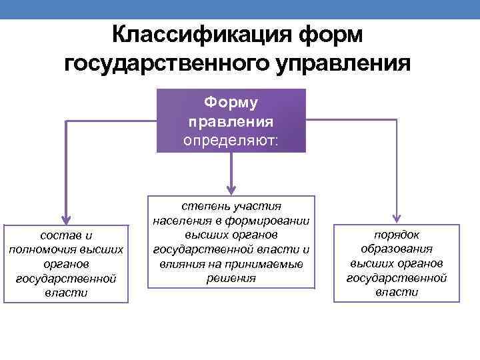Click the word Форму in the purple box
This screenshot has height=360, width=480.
pyautogui.click(x=231, y=103)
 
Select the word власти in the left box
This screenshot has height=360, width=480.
pyautogui.click(x=66, y=292)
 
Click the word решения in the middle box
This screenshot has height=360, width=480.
pyautogui.click(x=231, y=278)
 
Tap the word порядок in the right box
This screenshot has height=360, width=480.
pyautogui.click(x=397, y=235)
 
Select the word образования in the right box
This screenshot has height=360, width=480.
pyautogui.click(x=397, y=249)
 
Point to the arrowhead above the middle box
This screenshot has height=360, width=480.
pyautogui.click(x=231, y=188)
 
